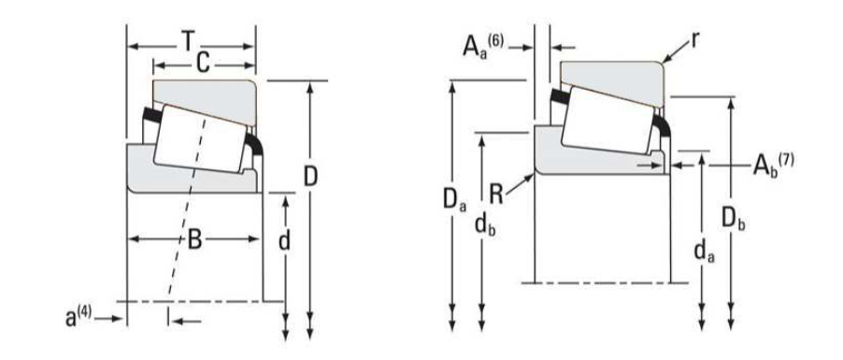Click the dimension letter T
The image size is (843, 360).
coord(188,41)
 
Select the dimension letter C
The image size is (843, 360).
coord(202,64)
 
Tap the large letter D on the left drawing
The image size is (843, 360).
coord(310,177)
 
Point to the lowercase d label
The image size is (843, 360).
coord(284,240)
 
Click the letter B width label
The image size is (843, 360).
coord(194,240)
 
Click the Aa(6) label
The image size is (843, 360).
coord(483,45)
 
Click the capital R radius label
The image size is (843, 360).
coord(496,194)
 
